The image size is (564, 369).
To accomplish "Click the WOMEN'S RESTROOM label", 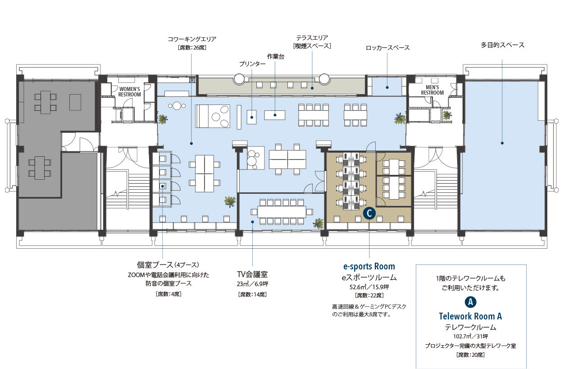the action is point(130,92).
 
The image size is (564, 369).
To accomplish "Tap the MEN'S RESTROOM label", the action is point(432,90).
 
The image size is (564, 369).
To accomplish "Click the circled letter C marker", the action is point(369,214).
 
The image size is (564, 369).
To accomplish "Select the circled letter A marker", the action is point(471,302).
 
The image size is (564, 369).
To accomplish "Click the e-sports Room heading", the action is point(369,266).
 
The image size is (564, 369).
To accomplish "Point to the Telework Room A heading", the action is point(470,316).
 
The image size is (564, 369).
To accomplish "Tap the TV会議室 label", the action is point(252,274).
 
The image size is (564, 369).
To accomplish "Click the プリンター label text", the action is point(252,64).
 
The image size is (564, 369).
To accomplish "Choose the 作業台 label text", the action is point(275,56).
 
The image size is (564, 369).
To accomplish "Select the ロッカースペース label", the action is point(387,48).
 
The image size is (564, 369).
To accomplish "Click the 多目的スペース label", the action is point(503,45).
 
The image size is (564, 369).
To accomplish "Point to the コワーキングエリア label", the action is point(192,39).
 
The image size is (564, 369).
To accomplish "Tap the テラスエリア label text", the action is point(312,38).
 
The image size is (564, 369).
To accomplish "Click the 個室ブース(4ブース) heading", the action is point(168,265).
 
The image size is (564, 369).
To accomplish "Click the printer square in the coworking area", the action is point(251,117).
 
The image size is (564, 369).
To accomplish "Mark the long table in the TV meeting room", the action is point(282,212).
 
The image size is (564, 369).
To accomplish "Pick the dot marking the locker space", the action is point(387,87).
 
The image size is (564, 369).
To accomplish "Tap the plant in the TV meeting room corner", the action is point(318,223).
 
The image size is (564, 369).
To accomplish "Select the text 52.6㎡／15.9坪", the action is point(369,287).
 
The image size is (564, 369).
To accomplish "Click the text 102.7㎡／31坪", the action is point(471,336).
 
